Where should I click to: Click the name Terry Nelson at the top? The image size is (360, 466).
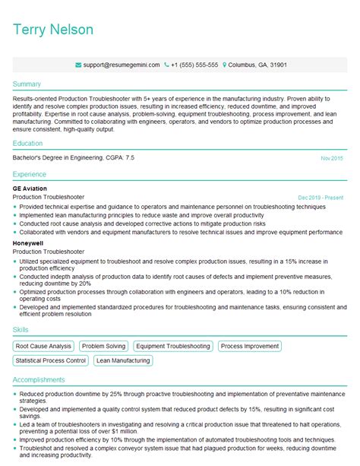[53, 30]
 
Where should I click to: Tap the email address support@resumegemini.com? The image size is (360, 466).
[122, 65]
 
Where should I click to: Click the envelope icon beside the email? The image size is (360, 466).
[79, 65]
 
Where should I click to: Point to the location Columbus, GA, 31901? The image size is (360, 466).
[256, 65]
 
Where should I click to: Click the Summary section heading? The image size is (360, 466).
[27, 84]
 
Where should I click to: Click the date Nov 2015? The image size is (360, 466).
[331, 158]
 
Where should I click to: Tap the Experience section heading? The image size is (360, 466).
[30, 174]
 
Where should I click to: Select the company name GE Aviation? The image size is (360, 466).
[30, 188]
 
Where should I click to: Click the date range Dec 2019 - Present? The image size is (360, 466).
[321, 197]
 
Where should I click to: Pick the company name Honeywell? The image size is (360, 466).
[28, 243]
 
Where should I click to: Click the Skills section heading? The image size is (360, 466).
[22, 329]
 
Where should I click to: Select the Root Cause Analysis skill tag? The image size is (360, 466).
[44, 346]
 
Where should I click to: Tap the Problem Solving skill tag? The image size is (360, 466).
[105, 346]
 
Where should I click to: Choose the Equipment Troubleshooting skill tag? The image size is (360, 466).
[174, 346]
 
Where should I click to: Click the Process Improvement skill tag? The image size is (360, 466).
[251, 346]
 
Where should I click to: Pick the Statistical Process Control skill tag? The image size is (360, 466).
[51, 360]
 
